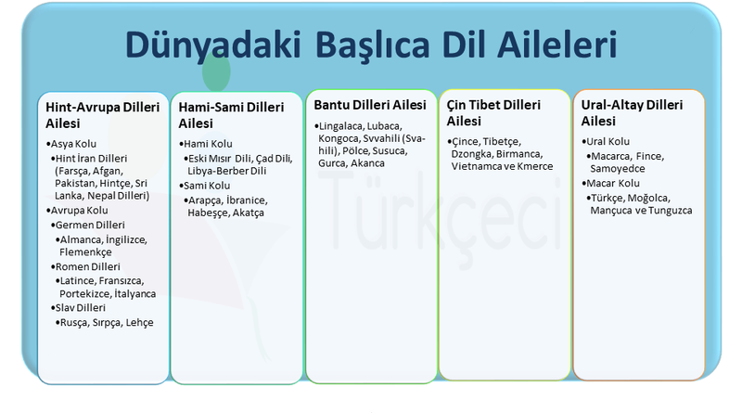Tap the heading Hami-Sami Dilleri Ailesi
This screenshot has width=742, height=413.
[232, 115]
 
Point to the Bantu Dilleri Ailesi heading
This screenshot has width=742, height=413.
[370, 104]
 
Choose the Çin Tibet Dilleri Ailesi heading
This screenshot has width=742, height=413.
[500, 112]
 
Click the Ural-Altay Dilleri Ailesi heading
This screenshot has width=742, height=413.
[637, 112]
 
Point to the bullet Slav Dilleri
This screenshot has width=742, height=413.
[82, 307]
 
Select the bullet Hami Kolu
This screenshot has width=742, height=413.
[208, 144]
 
